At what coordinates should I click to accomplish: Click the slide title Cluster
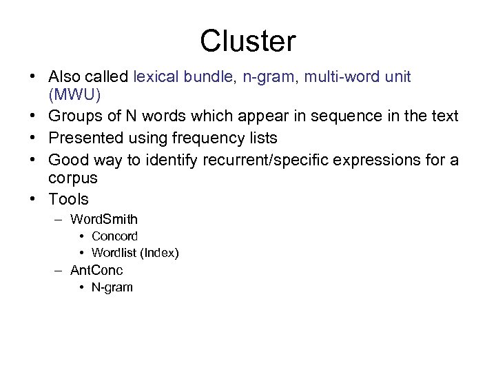[x=247, y=41]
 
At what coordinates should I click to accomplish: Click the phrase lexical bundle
[x=184, y=77]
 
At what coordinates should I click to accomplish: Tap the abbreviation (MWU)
[x=74, y=93]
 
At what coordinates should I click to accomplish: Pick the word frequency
[x=208, y=138]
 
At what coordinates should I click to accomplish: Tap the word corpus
[x=73, y=178]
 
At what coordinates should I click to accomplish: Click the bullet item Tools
[x=69, y=199]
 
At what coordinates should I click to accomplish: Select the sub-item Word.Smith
[x=104, y=220]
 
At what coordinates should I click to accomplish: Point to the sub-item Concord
[x=114, y=236]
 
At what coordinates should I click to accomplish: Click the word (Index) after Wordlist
[x=159, y=253]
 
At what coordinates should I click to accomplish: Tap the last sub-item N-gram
[x=112, y=287]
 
